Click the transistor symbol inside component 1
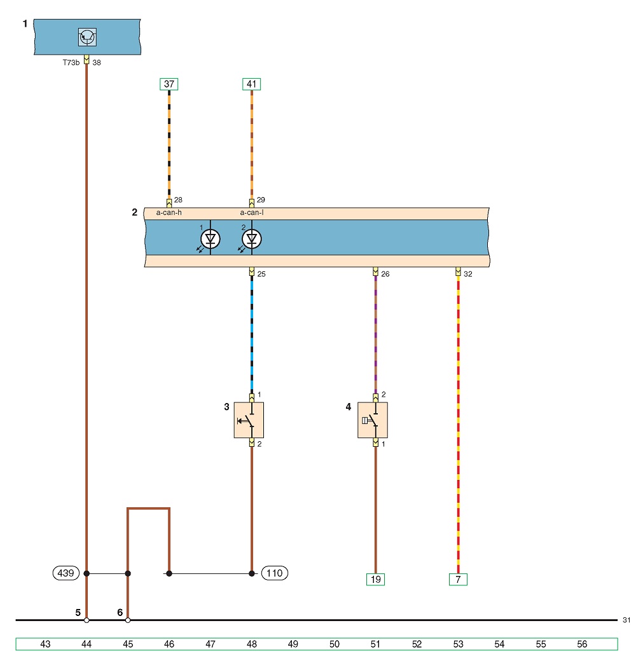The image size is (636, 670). (87, 37)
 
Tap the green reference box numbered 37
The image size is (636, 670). (169, 84)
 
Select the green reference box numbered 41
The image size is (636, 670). (251, 84)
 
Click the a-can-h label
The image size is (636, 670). (169, 212)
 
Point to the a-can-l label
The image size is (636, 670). (251, 212)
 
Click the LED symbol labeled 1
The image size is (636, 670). (211, 239)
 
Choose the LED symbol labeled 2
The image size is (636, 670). (252, 239)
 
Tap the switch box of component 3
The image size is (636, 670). (249, 420)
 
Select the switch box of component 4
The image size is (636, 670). (373, 420)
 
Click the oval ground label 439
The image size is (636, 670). (66, 573)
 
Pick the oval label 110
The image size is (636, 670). (274, 573)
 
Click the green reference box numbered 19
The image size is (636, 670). (376, 579)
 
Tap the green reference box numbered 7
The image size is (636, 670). (458, 579)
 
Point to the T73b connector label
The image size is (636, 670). (71, 62)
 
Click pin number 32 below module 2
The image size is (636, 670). (468, 274)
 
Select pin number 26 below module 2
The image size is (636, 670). (385, 274)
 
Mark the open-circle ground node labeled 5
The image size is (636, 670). (86, 620)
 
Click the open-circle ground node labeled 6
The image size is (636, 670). (128, 620)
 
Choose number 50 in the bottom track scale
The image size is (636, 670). (335, 644)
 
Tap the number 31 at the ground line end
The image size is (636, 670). (626, 620)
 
